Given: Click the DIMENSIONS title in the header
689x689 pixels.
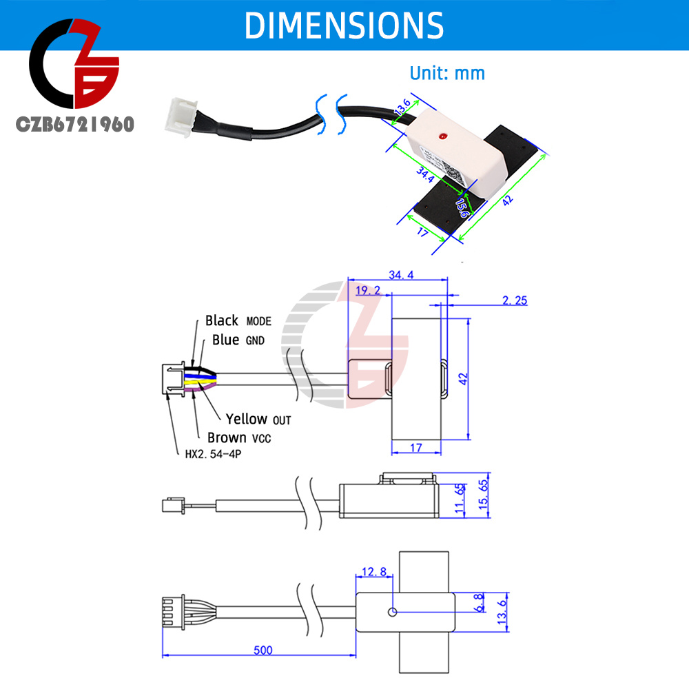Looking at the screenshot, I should click(x=344, y=25).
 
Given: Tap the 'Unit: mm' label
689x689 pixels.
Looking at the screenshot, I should click(x=447, y=73).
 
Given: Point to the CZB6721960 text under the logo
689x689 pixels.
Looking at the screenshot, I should click(x=74, y=123).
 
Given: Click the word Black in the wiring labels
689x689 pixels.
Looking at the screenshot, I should click(x=222, y=320).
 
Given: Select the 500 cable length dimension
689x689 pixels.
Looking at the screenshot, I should click(x=262, y=649).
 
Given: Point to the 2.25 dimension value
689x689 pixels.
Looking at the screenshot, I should click(x=515, y=300).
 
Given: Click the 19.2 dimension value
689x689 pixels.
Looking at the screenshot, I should click(x=368, y=291).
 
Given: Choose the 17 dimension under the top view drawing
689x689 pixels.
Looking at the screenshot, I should click(x=415, y=447).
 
